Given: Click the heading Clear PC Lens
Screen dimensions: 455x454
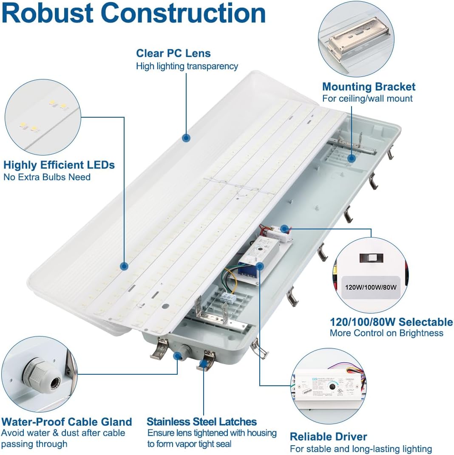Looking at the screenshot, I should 173,53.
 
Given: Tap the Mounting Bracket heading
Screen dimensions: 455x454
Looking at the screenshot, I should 369,87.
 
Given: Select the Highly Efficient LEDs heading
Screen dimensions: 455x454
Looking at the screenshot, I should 59,165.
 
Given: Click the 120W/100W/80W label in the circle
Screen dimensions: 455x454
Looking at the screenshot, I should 369,287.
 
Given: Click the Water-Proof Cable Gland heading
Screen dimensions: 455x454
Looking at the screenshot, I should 67,422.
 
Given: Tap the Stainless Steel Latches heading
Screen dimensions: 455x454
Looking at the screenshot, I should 201,422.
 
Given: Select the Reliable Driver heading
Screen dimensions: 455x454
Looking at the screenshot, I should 328,436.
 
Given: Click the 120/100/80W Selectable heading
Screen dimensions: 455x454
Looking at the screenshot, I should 391,322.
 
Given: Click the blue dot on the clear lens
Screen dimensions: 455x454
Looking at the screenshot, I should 186,138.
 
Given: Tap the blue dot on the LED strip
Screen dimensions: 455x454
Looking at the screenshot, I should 124,266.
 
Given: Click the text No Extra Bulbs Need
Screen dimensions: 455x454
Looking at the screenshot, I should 47,177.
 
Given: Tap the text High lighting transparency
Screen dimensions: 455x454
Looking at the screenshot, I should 187,66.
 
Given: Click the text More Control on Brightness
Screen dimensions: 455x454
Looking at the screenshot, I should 386,333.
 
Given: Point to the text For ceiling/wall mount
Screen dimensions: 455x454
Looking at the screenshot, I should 367,99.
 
